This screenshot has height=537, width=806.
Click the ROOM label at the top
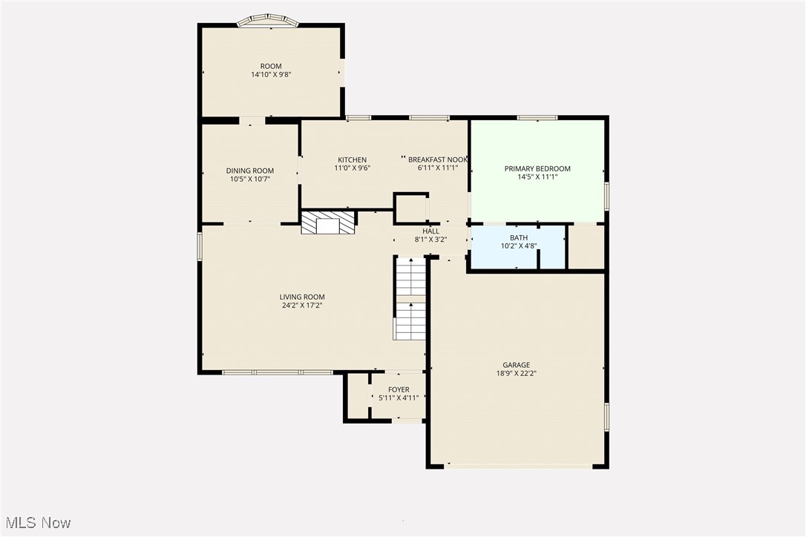271,66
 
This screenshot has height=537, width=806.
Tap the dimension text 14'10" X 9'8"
271,75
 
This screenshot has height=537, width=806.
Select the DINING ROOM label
250,171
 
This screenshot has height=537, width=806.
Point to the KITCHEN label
352,159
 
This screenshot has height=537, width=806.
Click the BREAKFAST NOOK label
438,159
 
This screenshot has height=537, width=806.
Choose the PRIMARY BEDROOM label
537,168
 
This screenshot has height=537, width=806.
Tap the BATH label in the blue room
519,237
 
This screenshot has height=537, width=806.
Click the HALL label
430,231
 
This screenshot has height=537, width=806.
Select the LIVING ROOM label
302,297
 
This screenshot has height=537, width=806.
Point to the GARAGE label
517,365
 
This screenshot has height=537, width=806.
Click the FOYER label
399,389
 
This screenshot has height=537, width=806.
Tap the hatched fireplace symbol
329,223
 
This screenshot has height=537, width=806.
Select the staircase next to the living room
410,298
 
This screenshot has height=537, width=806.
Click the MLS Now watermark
36,523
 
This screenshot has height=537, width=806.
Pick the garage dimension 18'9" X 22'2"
517,374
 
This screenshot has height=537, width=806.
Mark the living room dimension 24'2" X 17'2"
302,305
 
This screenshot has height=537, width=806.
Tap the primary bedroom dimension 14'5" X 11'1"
537,177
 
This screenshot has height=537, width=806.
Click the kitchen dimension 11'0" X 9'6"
352,168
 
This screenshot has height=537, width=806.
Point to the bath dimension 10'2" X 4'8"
519,246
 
